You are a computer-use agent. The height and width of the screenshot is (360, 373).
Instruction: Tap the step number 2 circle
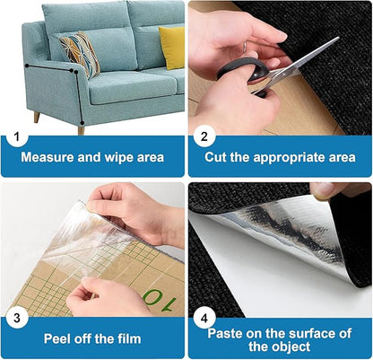(204, 138)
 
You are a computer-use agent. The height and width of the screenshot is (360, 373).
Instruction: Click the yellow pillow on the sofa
(172, 46)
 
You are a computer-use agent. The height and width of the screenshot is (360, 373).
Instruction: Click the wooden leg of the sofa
(36, 117)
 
